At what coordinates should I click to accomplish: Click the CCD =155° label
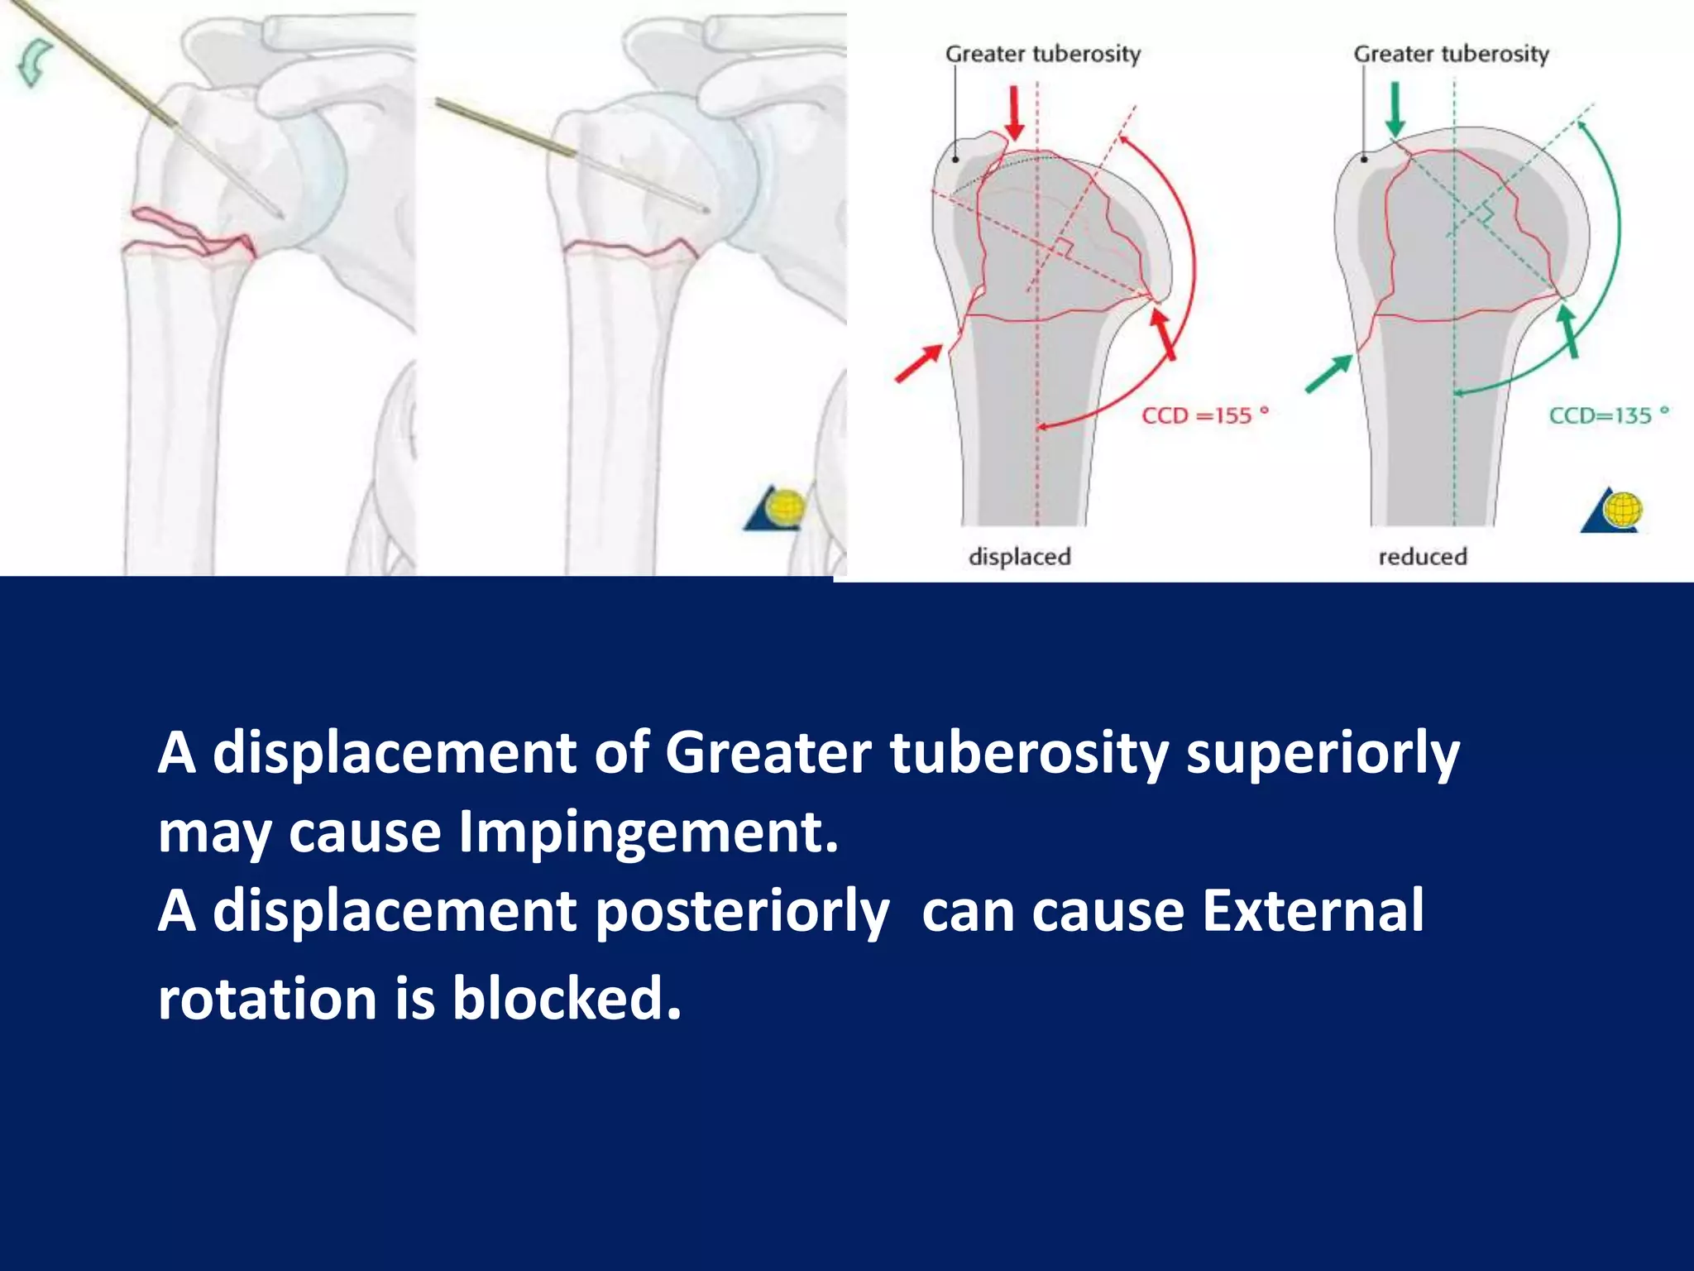(x=1204, y=415)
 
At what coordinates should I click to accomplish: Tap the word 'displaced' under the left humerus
(x=1019, y=556)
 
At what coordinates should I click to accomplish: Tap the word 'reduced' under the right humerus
(x=1423, y=556)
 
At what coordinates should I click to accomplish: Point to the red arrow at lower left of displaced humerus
(x=919, y=364)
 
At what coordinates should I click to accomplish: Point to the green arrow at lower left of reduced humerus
(x=1328, y=373)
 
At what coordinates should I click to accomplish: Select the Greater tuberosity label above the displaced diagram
(x=1042, y=54)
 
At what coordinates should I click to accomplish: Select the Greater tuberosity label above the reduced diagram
(x=1451, y=54)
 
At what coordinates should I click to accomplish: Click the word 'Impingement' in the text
(x=648, y=832)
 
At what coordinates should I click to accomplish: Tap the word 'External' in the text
(x=1312, y=910)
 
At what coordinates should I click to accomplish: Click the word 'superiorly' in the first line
(x=1323, y=753)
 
